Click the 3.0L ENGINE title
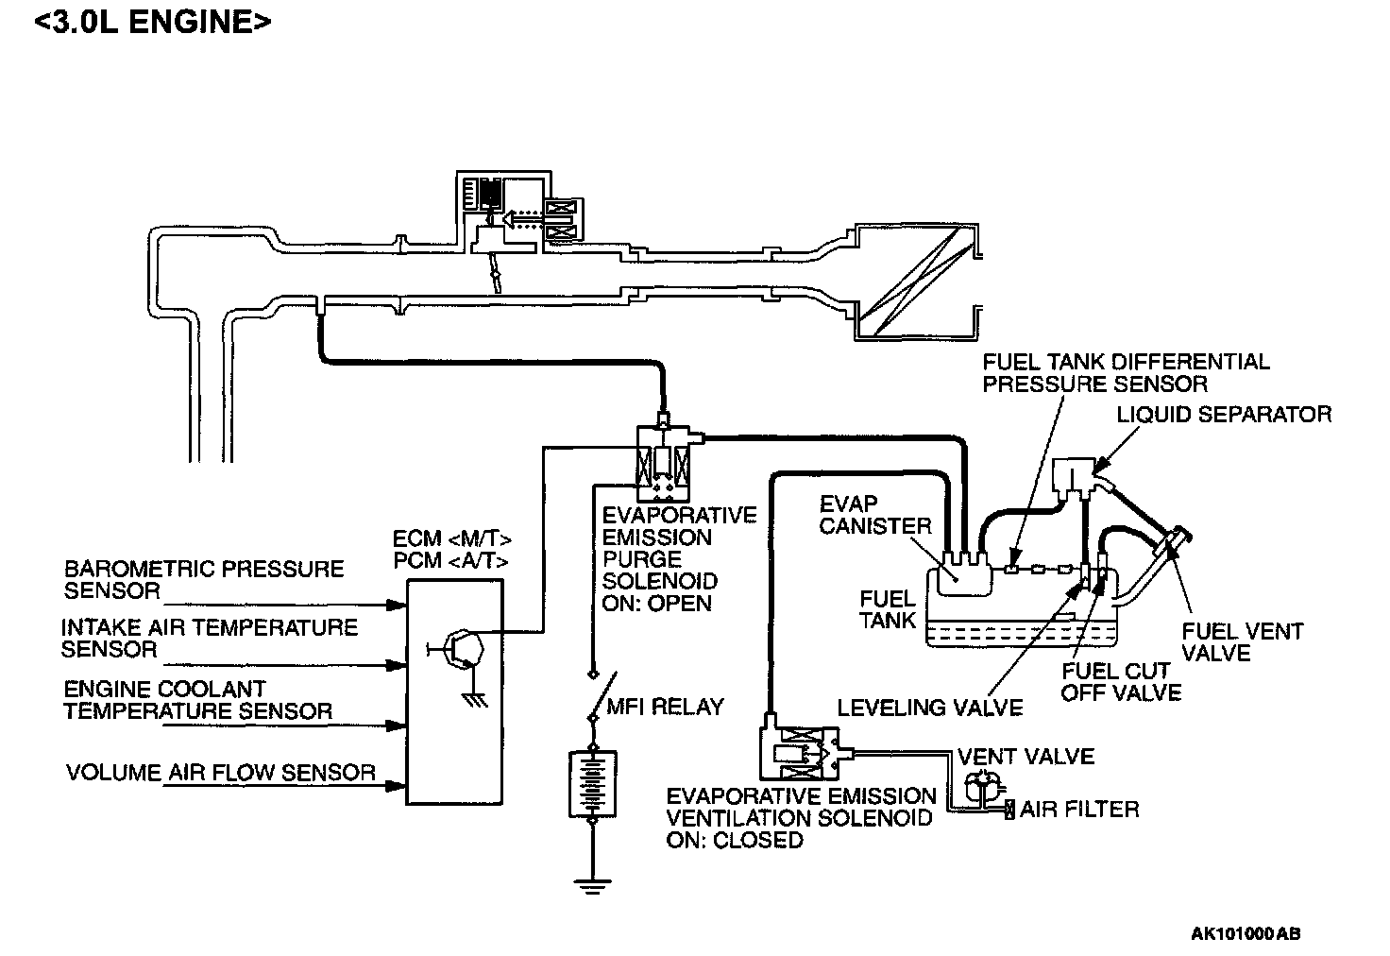click(153, 22)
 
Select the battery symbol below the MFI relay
click(593, 783)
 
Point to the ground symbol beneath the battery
click(593, 886)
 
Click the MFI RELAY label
click(665, 707)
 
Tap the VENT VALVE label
click(1026, 757)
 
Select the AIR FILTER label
click(1079, 810)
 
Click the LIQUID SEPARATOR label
click(1224, 414)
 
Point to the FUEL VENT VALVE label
click(1243, 641)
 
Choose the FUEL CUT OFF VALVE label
click(1121, 682)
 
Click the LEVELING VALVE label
click(929, 707)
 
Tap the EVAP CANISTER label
click(875, 515)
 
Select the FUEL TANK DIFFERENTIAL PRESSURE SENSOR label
click(1126, 372)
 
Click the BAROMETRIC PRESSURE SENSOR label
click(204, 579)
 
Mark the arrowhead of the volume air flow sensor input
click(397, 786)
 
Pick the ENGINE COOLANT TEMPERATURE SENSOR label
click(198, 700)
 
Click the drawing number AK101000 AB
click(1246, 933)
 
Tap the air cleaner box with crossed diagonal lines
click(917, 282)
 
